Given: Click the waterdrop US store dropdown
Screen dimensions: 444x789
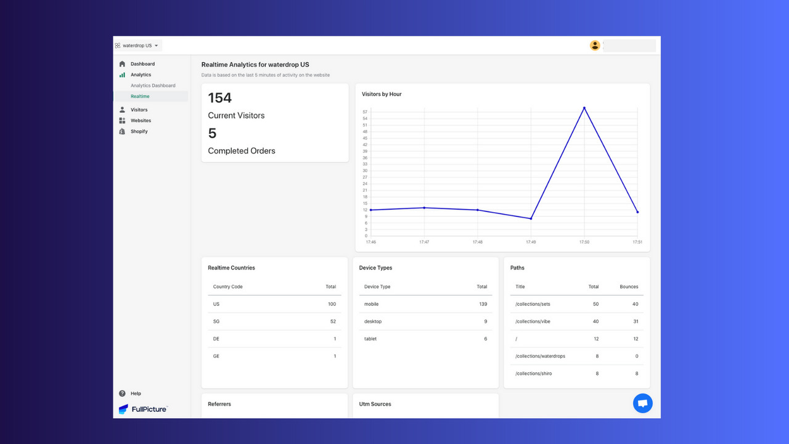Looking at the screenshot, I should pos(137,46).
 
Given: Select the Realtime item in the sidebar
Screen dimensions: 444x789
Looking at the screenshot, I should pos(140,97).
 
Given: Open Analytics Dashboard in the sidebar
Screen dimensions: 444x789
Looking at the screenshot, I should pos(153,86).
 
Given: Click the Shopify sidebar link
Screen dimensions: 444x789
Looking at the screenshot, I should pos(139,131).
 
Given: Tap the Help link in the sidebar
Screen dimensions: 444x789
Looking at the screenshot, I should pos(136,393).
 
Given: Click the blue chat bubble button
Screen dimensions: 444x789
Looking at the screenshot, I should pos(642,403).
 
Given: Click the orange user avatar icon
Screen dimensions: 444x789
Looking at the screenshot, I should pos(595,45).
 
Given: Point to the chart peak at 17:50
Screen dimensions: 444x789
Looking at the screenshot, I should pos(584,108).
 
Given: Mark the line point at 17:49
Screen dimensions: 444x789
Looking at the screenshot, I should pos(531,218).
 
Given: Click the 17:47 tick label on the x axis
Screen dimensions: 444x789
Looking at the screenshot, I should pos(424,242).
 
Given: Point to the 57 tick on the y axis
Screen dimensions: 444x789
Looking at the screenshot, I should pos(365,112).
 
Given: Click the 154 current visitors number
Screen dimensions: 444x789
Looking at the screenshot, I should pos(220,97).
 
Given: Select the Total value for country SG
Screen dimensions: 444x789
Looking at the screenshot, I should pos(333,321).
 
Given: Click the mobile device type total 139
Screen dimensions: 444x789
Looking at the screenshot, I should pos(483,304).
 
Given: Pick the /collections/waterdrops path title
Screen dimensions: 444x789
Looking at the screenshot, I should pos(540,356).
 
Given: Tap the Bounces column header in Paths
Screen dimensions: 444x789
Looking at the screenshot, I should pos(629,287).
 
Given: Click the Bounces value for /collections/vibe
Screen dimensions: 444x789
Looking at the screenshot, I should pos(635,321).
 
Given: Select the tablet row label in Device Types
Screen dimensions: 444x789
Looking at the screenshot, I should pos(370,339).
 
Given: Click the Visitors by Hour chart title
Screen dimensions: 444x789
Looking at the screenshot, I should pos(382,94).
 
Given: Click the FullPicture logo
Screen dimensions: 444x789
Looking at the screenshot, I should pos(143,409).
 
